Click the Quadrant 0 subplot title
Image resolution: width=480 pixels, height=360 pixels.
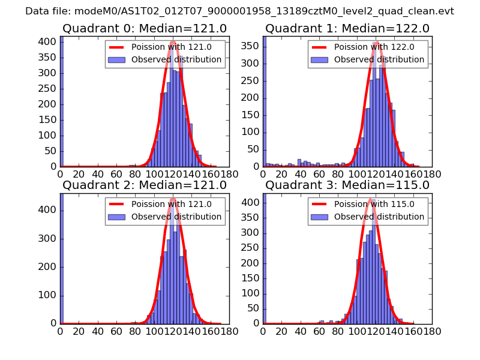(145, 29)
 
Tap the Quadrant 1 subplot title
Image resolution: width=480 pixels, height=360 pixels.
(347, 29)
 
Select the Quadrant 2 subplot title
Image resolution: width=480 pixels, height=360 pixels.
(145, 185)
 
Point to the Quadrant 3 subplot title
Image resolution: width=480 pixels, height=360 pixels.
(347, 185)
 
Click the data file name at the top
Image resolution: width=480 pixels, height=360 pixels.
(240, 11)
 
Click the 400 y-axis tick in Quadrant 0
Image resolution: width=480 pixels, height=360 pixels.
(48, 42)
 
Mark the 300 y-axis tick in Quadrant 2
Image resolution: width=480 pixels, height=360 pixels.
(48, 239)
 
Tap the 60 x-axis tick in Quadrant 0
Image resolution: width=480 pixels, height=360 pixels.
(116, 174)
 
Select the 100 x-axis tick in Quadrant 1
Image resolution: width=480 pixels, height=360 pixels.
(358, 174)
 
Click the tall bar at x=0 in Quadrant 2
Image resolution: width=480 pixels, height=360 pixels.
(62, 258)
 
